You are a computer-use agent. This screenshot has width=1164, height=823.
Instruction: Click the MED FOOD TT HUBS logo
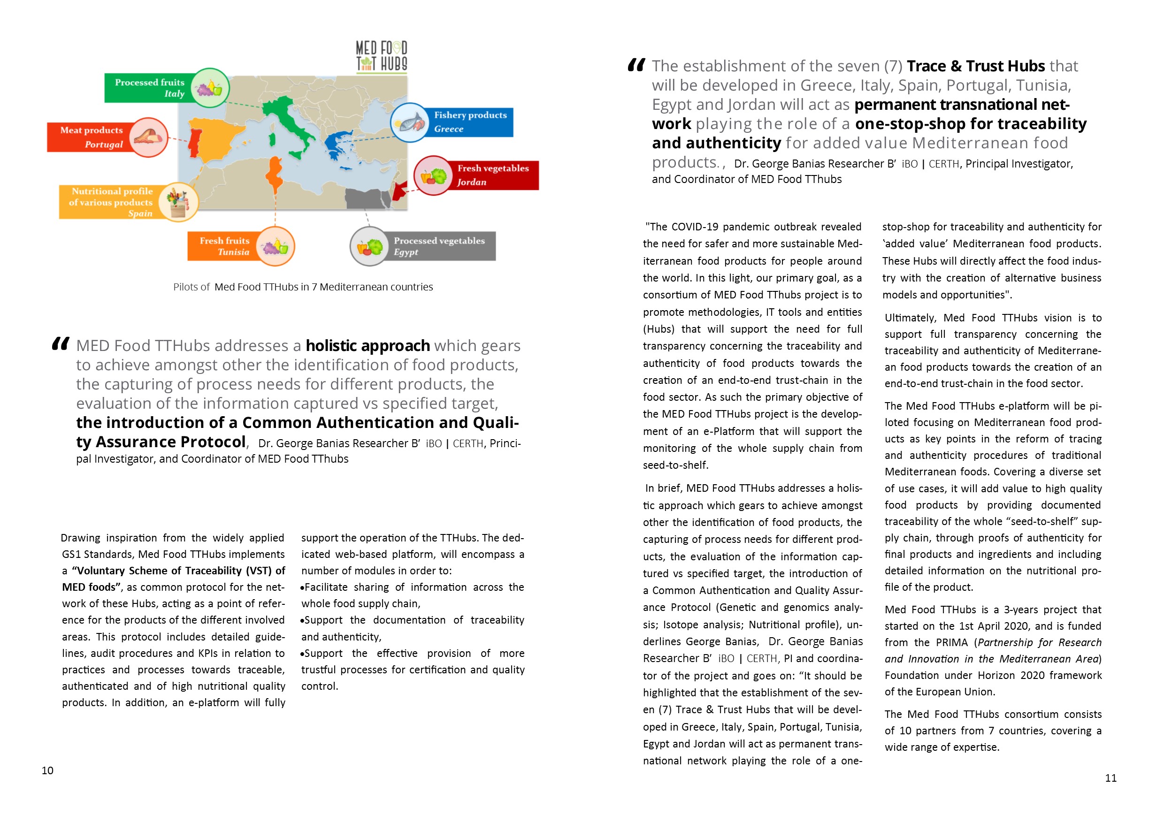381,57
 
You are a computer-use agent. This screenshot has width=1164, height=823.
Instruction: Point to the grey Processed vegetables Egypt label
439,246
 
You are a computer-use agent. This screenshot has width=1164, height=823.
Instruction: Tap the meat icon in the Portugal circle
148,137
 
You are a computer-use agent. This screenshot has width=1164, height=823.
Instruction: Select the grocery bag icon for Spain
178,202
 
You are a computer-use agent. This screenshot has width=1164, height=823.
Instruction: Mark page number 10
47,770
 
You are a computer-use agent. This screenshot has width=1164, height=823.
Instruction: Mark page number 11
1110,778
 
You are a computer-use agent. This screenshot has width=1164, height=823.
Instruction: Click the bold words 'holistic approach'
368,346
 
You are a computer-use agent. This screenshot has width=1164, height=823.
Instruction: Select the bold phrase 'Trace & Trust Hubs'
975,66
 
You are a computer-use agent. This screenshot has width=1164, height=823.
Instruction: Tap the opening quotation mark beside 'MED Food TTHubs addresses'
61,344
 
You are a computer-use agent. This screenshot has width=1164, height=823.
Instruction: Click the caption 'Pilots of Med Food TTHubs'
303,287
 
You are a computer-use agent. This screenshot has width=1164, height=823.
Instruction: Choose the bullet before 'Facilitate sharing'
302,588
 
